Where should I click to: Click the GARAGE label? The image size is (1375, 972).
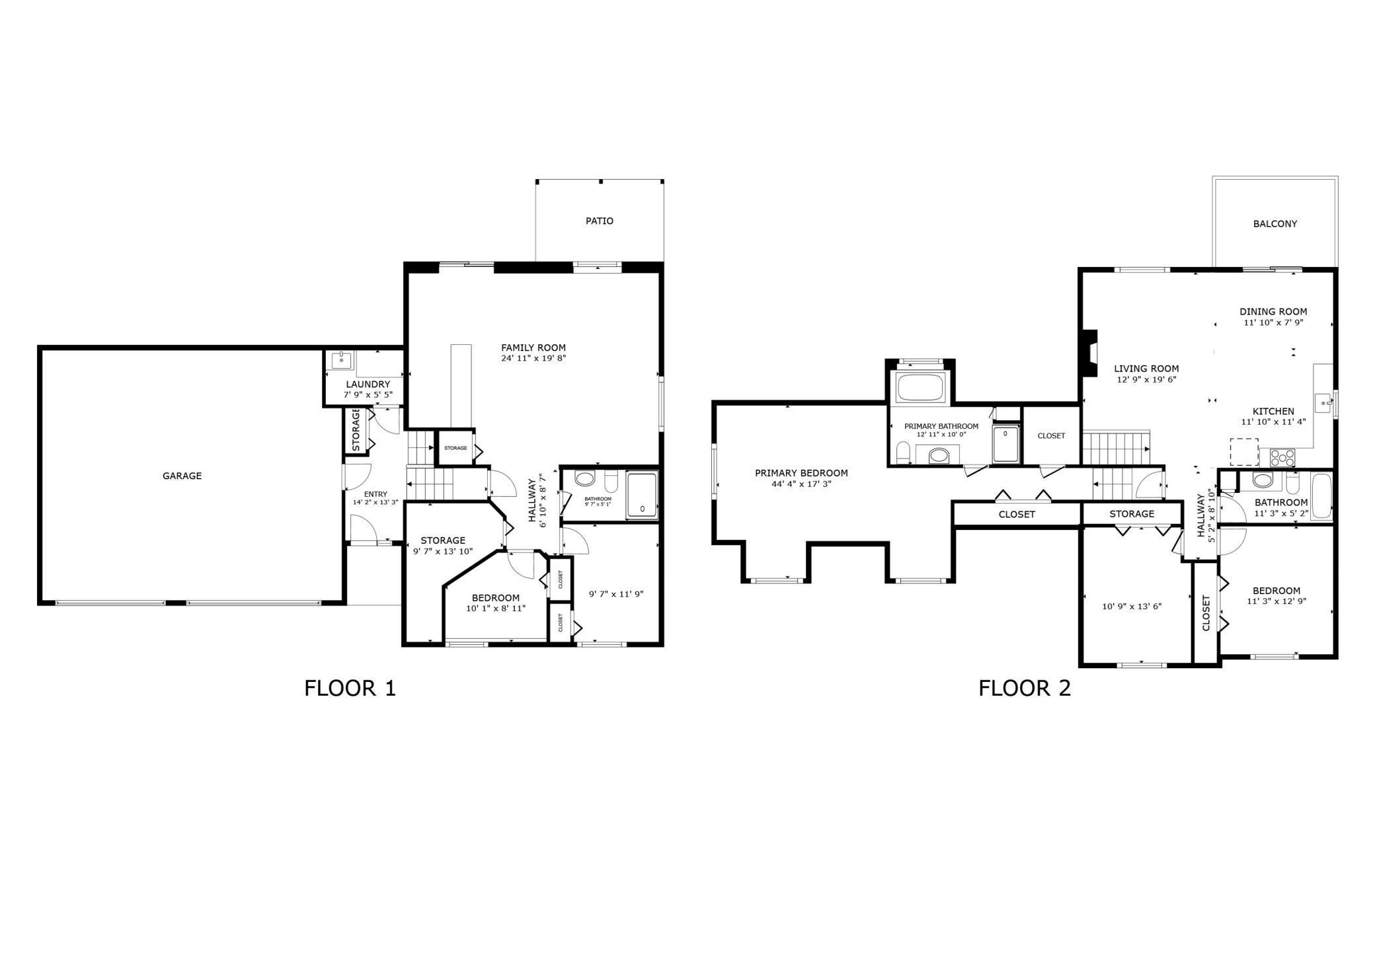pos(182,476)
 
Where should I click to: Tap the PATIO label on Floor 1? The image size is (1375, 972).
pos(600,221)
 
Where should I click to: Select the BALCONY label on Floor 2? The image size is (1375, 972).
pos(1275,224)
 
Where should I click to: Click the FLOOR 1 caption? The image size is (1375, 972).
pos(350,689)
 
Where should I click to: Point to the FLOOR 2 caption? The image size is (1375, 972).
pos(1025,689)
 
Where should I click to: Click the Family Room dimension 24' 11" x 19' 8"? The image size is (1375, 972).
pos(533,359)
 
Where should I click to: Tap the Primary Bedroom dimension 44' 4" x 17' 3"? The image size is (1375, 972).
pos(801,484)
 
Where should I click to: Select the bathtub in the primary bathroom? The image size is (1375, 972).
pos(920,389)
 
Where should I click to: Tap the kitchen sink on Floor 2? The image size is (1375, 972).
pos(1323,402)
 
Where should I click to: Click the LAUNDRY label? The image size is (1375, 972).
pos(368,385)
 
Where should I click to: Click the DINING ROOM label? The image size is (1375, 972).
pos(1273,312)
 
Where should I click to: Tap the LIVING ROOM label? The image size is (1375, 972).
pos(1146,369)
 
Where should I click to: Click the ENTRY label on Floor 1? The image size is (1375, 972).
pos(375,494)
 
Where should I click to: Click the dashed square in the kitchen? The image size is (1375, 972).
pos(1243,453)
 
